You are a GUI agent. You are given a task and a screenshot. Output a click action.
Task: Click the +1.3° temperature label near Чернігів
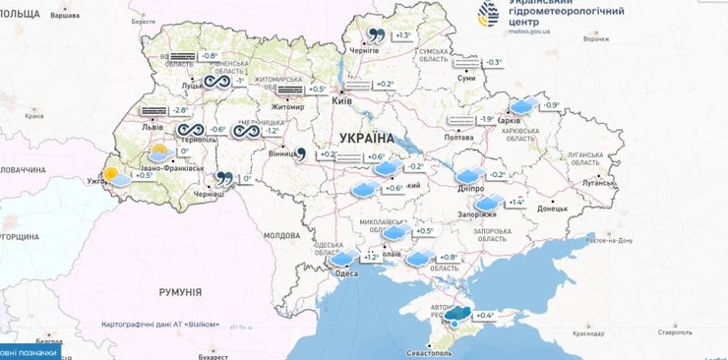(403, 35)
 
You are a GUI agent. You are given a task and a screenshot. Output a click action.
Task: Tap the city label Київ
(342, 101)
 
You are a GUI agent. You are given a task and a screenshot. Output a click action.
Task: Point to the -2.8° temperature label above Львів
(179, 111)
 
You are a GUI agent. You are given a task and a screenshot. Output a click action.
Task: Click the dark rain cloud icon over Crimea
(458, 315)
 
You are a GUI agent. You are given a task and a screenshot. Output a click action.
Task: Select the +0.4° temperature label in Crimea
(485, 315)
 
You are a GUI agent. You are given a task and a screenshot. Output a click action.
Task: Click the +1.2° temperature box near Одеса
(370, 257)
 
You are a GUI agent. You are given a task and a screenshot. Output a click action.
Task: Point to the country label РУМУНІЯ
(180, 292)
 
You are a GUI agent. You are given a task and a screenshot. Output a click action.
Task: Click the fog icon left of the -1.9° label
(460, 119)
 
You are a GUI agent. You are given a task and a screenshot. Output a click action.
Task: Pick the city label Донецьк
(553, 209)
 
